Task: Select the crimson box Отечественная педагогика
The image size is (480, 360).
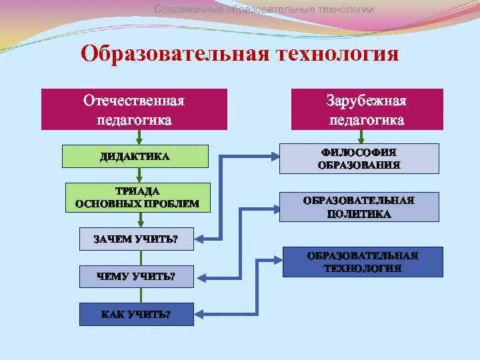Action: click(x=134, y=109)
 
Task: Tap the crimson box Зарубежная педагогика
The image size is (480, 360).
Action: click(x=367, y=109)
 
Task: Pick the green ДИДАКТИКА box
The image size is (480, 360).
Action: click(x=135, y=157)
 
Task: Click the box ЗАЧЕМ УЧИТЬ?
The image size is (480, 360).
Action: click(x=137, y=239)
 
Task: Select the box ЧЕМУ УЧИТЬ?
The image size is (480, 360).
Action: click(x=137, y=277)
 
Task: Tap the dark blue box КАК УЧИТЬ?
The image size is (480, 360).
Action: click(x=137, y=314)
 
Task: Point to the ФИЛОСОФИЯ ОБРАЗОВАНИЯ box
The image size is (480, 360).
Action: click(x=359, y=159)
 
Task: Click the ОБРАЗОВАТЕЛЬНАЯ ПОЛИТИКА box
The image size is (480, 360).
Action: click(x=359, y=207)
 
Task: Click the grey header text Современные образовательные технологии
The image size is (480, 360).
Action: click(x=264, y=9)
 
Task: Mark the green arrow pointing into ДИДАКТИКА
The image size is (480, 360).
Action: click(x=138, y=137)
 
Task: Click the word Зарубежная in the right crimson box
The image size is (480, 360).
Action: click(x=367, y=101)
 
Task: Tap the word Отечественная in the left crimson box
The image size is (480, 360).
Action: click(x=134, y=101)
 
